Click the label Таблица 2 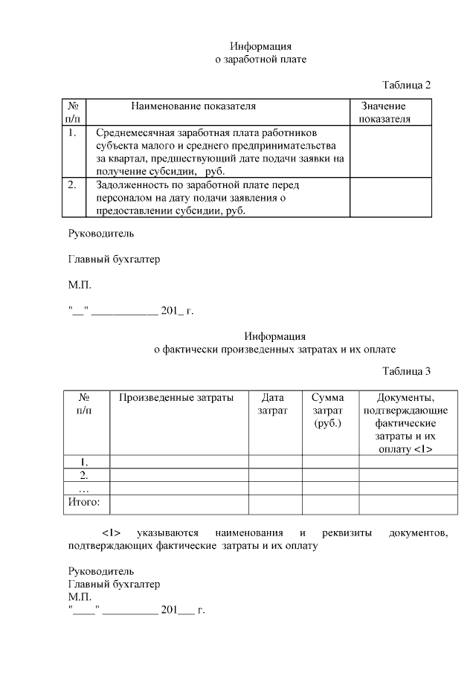pos(406,84)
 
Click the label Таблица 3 pos(406,370)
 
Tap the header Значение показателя pos(384,112)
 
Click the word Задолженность pos(130,184)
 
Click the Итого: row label pos(84,503)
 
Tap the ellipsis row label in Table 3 pos(84,489)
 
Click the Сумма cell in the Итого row pos(330,504)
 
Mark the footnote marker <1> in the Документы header pos(422,450)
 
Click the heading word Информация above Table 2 pos(260,46)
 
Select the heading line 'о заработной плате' pos(260,58)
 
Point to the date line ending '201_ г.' pos(130,311)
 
